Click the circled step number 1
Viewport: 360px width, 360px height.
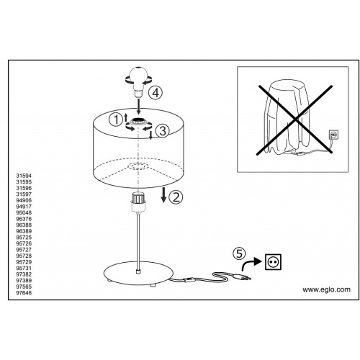click(116, 120)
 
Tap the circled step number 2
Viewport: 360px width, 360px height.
click(176, 197)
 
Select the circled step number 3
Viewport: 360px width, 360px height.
click(163, 131)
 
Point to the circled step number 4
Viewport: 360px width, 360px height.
click(156, 93)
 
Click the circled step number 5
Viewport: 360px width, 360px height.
click(239, 253)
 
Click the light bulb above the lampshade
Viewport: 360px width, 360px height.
click(138, 81)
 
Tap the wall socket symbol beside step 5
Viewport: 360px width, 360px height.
click(273, 262)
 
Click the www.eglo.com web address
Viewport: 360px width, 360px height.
click(326, 289)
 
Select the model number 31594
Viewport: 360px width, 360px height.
click(24, 176)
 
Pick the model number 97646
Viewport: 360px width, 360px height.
click(24, 293)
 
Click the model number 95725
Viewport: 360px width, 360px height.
click(24, 238)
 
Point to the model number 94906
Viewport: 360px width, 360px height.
click(24, 200)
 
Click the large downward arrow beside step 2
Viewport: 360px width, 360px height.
click(163, 195)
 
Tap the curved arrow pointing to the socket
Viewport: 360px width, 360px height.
click(251, 264)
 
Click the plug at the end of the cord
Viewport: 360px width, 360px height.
click(242, 278)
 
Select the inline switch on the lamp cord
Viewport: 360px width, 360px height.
click(189, 279)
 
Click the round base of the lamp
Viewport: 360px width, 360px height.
click(138, 274)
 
